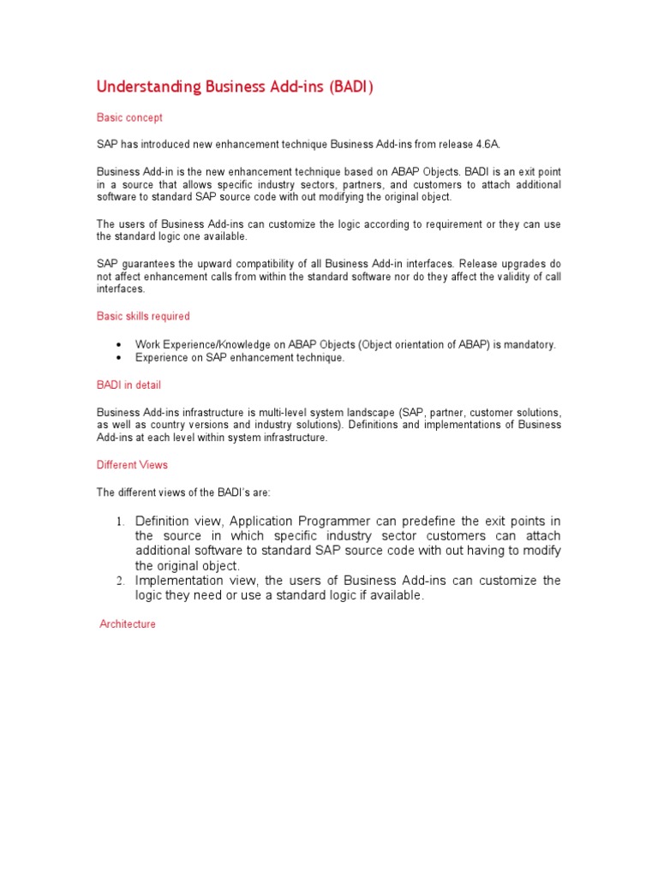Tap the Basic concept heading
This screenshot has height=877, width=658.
coord(129,117)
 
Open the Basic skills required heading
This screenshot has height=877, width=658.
coord(143,317)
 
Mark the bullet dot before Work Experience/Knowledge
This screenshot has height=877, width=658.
coord(117,345)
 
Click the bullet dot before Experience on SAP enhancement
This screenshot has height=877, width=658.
coord(117,358)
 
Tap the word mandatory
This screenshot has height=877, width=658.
coord(529,345)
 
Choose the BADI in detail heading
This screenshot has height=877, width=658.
coord(129,385)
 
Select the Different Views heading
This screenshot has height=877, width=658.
coord(132,465)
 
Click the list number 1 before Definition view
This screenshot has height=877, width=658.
coord(120,522)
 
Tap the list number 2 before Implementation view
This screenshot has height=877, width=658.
coord(120,582)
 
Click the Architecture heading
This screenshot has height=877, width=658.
coord(128,624)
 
